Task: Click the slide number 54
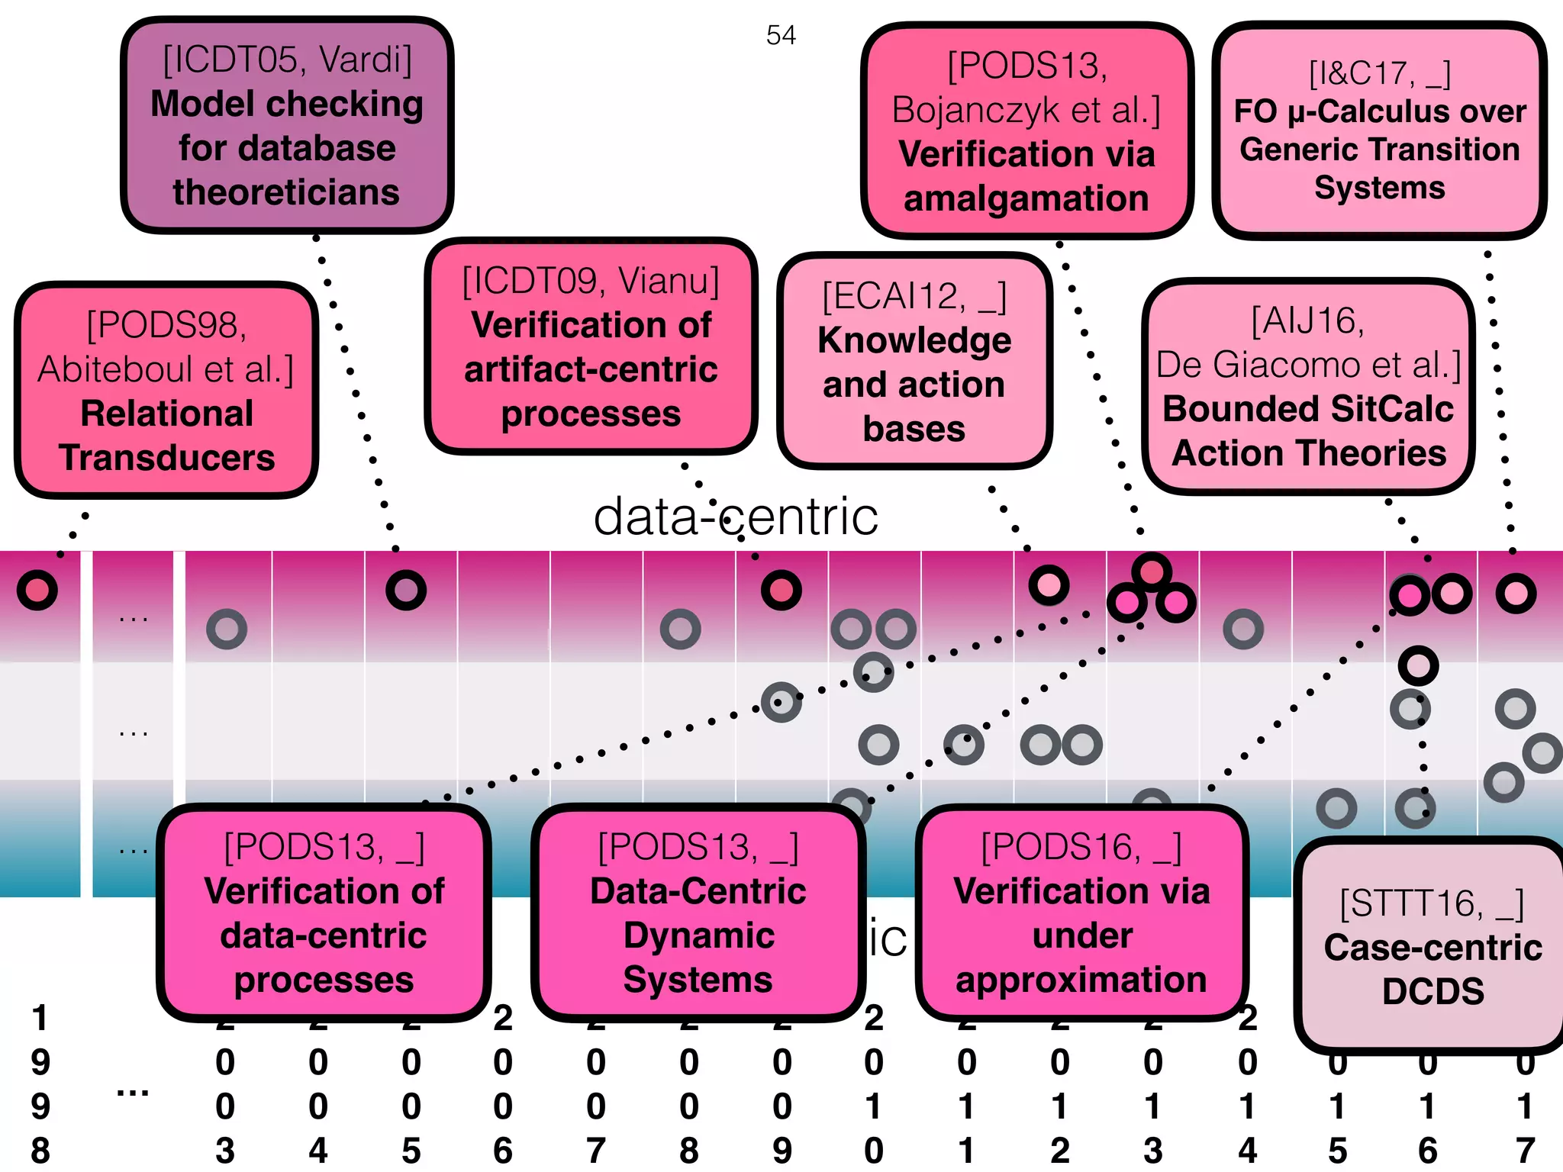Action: pos(781,35)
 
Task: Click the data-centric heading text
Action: pos(736,517)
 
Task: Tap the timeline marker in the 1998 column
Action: pos(37,590)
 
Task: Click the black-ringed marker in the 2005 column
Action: pos(406,590)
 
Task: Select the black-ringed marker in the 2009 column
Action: pos(781,590)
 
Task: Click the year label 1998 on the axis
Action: pos(40,1083)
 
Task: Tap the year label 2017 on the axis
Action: pos(1525,1106)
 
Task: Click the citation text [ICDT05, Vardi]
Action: pos(287,60)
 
